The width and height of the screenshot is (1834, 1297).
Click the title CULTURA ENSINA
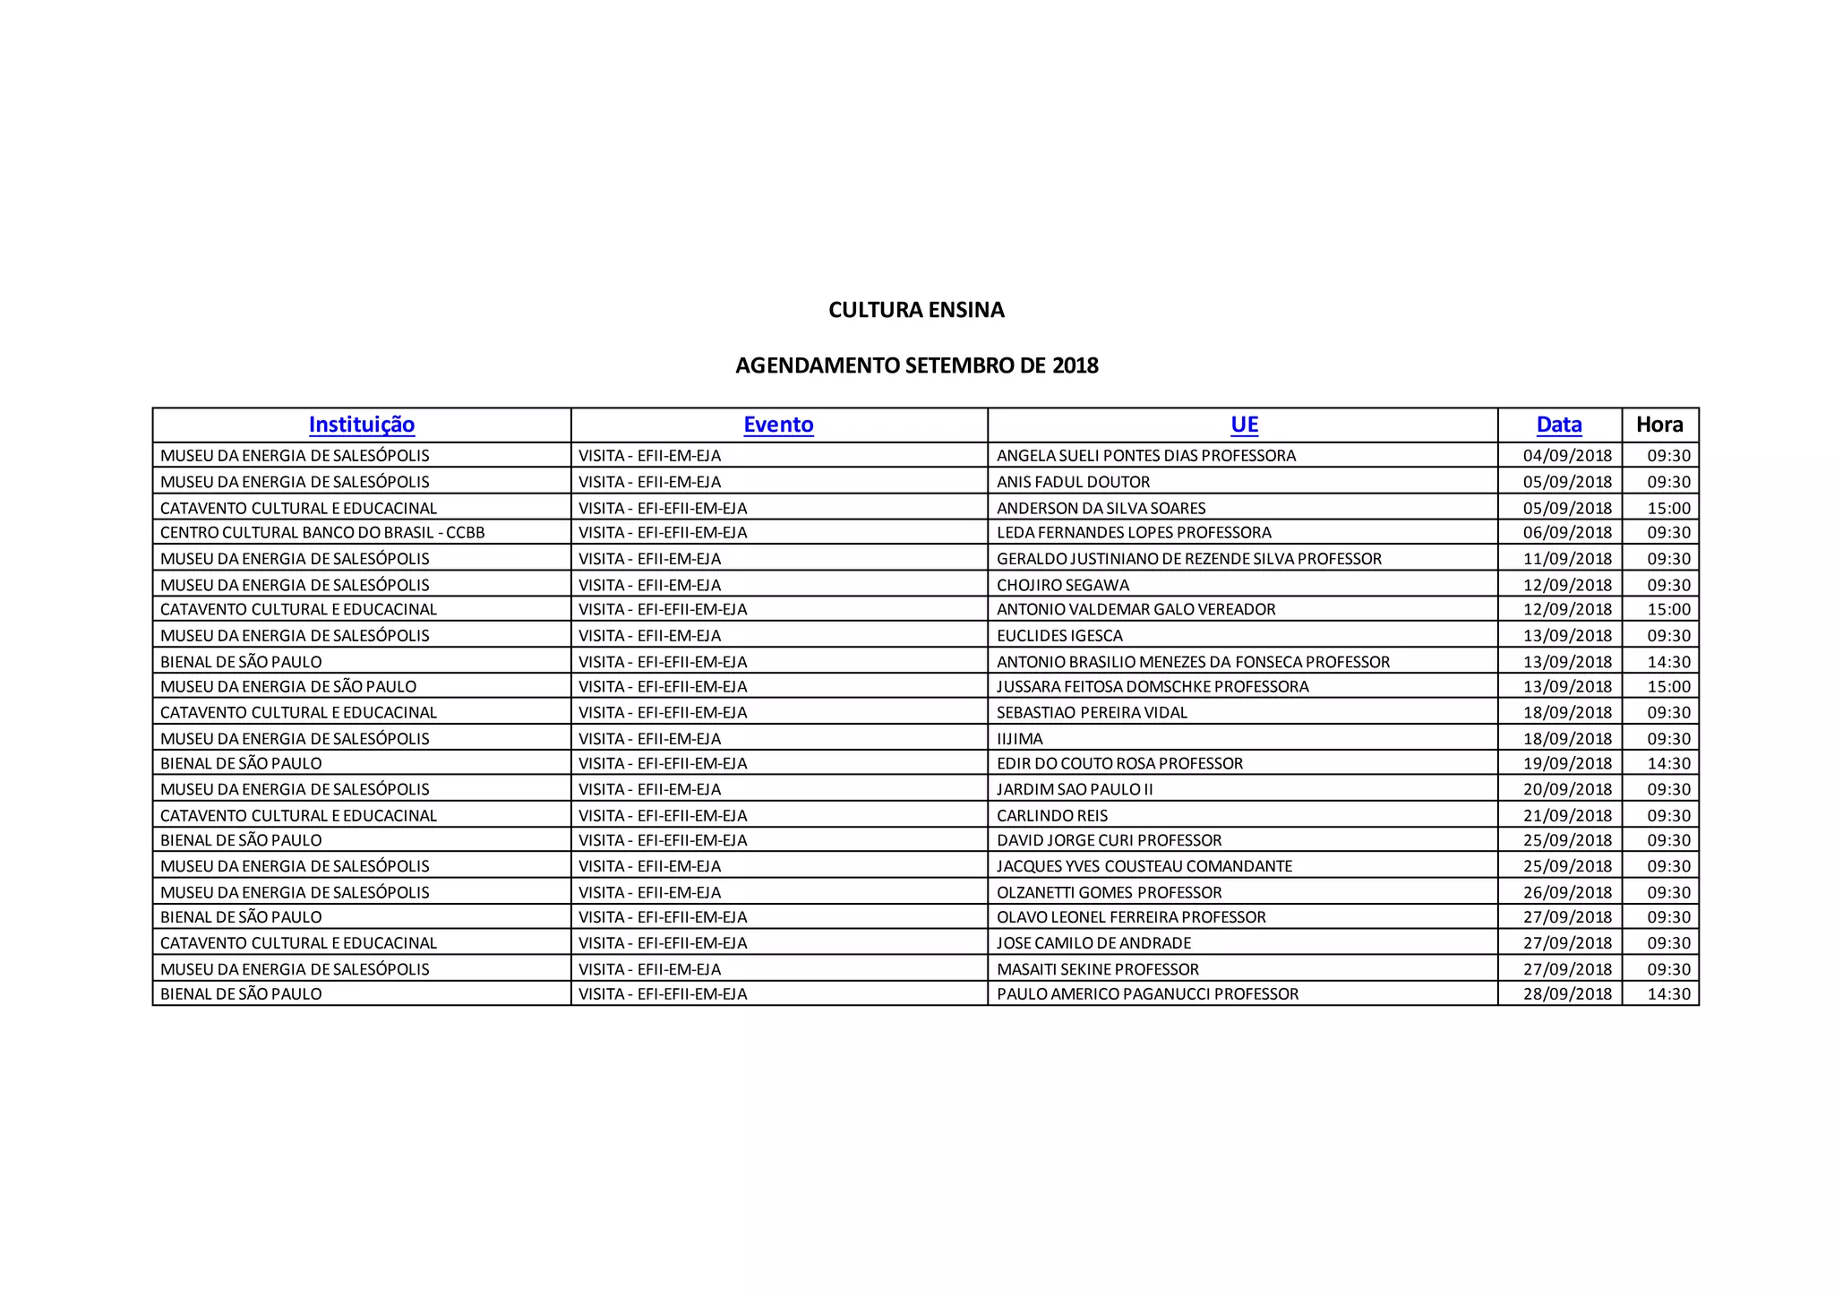(x=916, y=310)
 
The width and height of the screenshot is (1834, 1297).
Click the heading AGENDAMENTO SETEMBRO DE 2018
(x=916, y=365)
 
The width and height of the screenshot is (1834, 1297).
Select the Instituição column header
(x=362, y=425)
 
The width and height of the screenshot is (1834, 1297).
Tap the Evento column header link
(x=778, y=425)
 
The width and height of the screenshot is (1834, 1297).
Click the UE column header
(x=1244, y=425)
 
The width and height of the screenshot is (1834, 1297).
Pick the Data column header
(x=1559, y=425)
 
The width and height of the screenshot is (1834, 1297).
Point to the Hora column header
(x=1659, y=425)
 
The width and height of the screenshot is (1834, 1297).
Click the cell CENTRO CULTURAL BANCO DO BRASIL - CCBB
(x=322, y=533)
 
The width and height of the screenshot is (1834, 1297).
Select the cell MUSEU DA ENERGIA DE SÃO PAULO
(x=288, y=687)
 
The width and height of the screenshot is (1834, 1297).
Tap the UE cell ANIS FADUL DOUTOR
(x=1073, y=482)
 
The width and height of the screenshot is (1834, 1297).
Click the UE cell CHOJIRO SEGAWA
(x=1063, y=585)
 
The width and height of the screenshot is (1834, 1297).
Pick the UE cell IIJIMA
(x=1020, y=739)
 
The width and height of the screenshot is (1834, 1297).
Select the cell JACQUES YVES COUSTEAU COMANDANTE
(x=1144, y=866)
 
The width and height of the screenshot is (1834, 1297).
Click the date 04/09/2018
(x=1567, y=456)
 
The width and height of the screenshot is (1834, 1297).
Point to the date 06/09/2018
(x=1567, y=533)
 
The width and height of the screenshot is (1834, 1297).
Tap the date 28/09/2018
(x=1567, y=994)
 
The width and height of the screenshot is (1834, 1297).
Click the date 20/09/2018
(x=1567, y=790)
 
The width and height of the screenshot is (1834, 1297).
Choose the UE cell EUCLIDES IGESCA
(x=1059, y=636)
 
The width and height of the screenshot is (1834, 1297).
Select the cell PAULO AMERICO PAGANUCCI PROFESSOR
(x=1147, y=994)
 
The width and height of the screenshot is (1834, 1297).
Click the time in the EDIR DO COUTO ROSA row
(x=1668, y=764)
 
